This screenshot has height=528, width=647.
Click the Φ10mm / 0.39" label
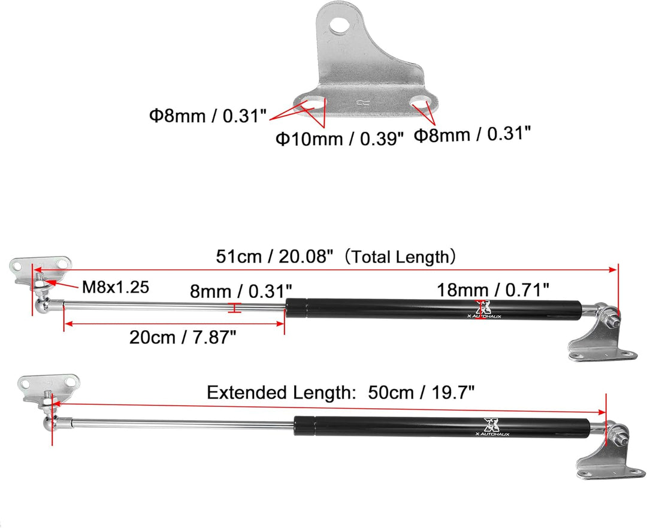coord(339,138)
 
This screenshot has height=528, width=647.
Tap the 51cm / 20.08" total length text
coord(274,257)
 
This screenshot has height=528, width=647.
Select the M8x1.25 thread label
coord(116,287)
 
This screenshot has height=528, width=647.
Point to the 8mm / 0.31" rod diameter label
coord(241,291)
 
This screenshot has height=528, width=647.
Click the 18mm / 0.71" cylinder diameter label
coord(492,290)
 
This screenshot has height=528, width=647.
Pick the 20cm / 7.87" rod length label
coord(182,337)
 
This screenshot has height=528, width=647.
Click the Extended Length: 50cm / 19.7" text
coord(340,392)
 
